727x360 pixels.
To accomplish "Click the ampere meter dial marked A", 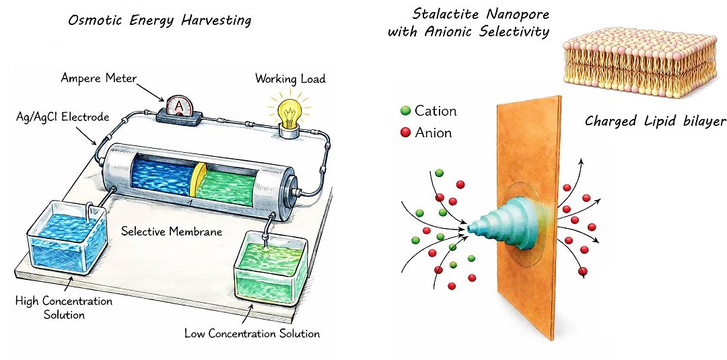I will [179, 106].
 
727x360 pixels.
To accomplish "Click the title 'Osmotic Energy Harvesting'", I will [160, 20].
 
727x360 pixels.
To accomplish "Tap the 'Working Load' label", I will [290, 79].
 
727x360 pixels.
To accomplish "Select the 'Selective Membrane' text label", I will [172, 231].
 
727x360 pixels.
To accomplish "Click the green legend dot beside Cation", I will [405, 111].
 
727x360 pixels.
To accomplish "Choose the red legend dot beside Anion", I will [405, 132].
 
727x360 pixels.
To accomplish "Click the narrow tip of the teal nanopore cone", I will [470, 229].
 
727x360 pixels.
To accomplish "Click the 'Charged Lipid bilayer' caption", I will [655, 121].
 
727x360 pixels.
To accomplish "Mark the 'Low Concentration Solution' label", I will [252, 333].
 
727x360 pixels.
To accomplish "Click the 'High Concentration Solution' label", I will [64, 308].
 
